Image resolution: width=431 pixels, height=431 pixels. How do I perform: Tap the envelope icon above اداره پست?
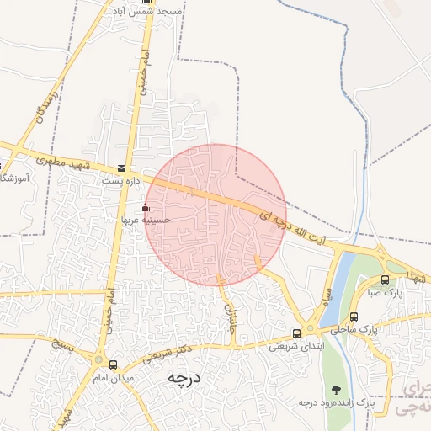point(123,168)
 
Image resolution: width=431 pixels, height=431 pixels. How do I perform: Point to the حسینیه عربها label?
point(146,220)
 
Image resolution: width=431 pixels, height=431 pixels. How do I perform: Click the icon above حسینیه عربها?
point(145,207)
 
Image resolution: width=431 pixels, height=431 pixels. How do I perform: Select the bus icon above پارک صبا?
point(386,279)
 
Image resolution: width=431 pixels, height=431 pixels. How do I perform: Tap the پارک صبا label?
point(385,293)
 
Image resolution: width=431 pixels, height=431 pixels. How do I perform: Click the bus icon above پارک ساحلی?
point(354,317)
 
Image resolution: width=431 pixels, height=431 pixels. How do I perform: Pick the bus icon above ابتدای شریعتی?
point(296,333)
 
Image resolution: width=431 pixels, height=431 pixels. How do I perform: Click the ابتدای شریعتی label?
point(292,346)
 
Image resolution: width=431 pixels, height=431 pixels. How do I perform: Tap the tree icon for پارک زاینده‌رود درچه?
point(337,390)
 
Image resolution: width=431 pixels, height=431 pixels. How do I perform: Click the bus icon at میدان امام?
point(113,364)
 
